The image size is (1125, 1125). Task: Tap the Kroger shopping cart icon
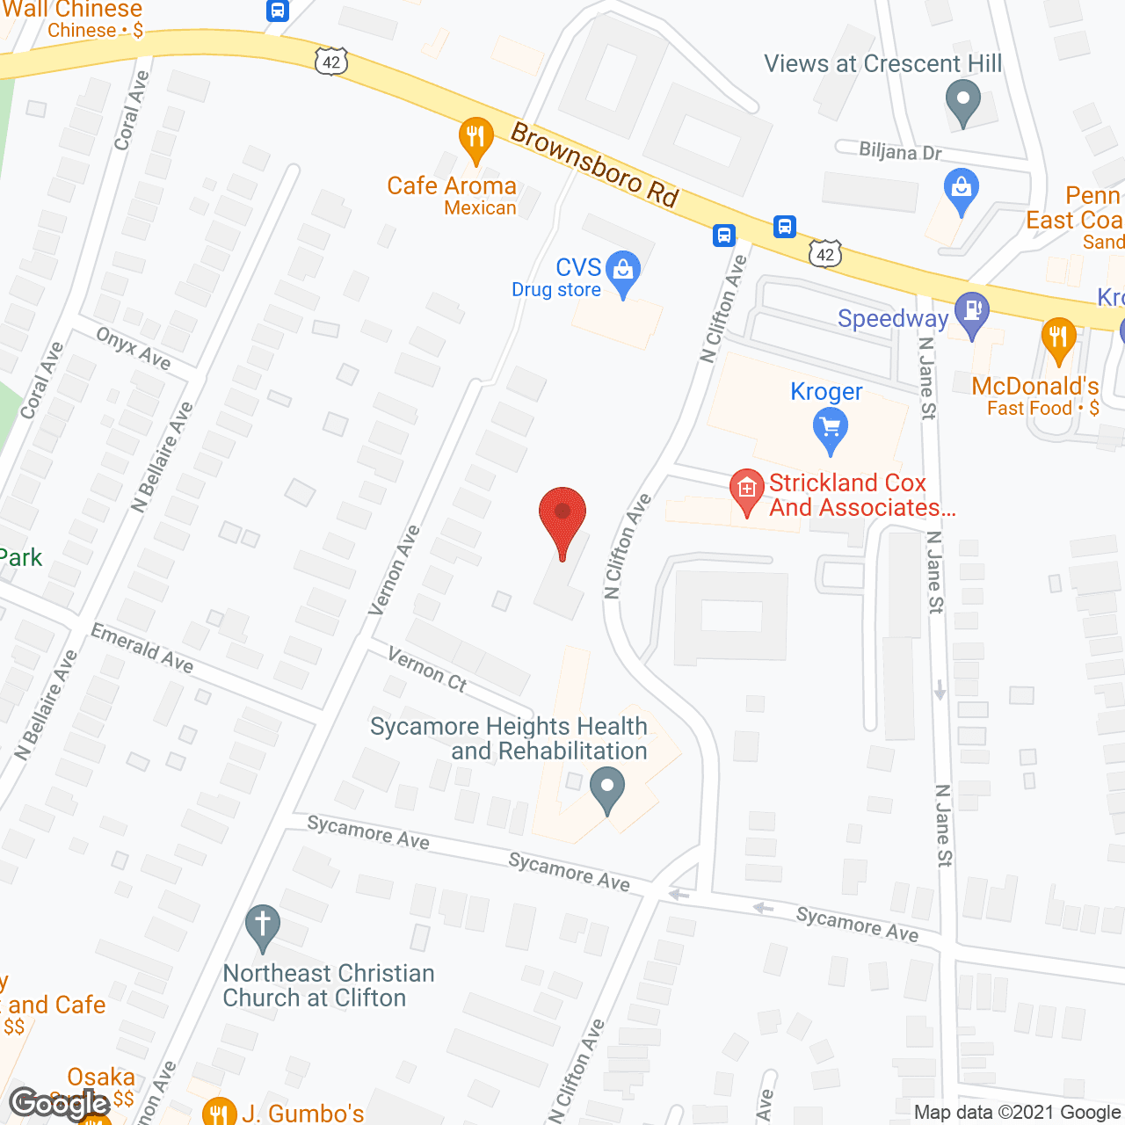(x=830, y=431)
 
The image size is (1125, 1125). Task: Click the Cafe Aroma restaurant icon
(x=475, y=137)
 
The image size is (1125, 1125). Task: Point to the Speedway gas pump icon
(x=971, y=312)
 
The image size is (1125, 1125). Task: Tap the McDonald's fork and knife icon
(x=1058, y=338)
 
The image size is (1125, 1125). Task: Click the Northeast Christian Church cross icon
(x=262, y=926)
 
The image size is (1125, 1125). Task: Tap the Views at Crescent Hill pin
(x=963, y=99)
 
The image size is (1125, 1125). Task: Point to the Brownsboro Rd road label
(x=595, y=165)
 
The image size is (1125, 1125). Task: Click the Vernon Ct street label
(x=427, y=670)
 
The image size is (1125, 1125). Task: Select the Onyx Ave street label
(x=134, y=348)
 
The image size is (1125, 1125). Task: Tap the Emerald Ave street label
(x=142, y=649)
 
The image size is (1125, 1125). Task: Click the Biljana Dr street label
(x=900, y=152)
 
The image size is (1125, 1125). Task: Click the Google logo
(x=60, y=1104)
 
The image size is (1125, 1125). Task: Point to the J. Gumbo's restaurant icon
(x=219, y=1113)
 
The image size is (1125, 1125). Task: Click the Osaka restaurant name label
(x=101, y=1077)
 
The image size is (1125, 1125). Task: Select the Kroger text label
(x=826, y=391)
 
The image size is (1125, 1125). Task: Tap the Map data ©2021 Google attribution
(x=1017, y=1113)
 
